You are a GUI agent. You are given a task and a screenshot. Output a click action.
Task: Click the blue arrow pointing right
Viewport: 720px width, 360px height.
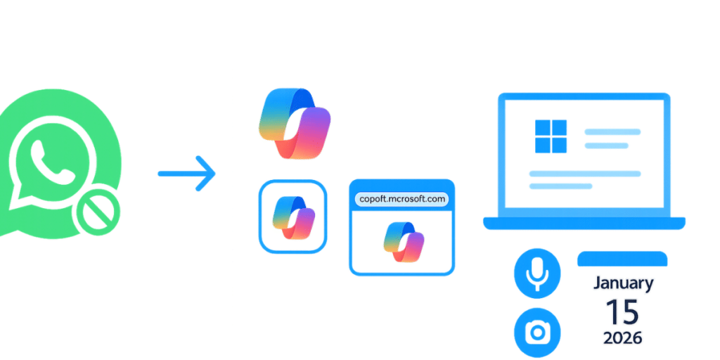pyautogui.click(x=187, y=173)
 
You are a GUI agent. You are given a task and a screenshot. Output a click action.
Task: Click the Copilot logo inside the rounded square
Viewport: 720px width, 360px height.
pyautogui.click(x=292, y=216)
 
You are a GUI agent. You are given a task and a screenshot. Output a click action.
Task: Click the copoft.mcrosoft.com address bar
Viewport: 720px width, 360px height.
pyautogui.click(x=401, y=199)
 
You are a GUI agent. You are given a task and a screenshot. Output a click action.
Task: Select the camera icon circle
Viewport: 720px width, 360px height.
pyautogui.click(x=537, y=330)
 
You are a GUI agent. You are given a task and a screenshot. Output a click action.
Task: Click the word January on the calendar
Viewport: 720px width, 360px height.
pyautogui.click(x=623, y=284)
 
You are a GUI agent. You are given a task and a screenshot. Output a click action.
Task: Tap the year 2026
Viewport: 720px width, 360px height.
pyautogui.click(x=622, y=338)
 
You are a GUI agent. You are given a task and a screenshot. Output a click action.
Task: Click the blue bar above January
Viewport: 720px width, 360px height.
pyautogui.click(x=622, y=259)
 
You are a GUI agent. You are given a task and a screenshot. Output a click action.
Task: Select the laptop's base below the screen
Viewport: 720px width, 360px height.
pyautogui.click(x=584, y=223)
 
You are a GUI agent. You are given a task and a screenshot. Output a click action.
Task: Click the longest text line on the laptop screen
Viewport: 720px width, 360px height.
pyautogui.click(x=584, y=173)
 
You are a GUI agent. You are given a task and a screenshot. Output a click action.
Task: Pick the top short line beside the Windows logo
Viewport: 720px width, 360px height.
pyautogui.click(x=612, y=131)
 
